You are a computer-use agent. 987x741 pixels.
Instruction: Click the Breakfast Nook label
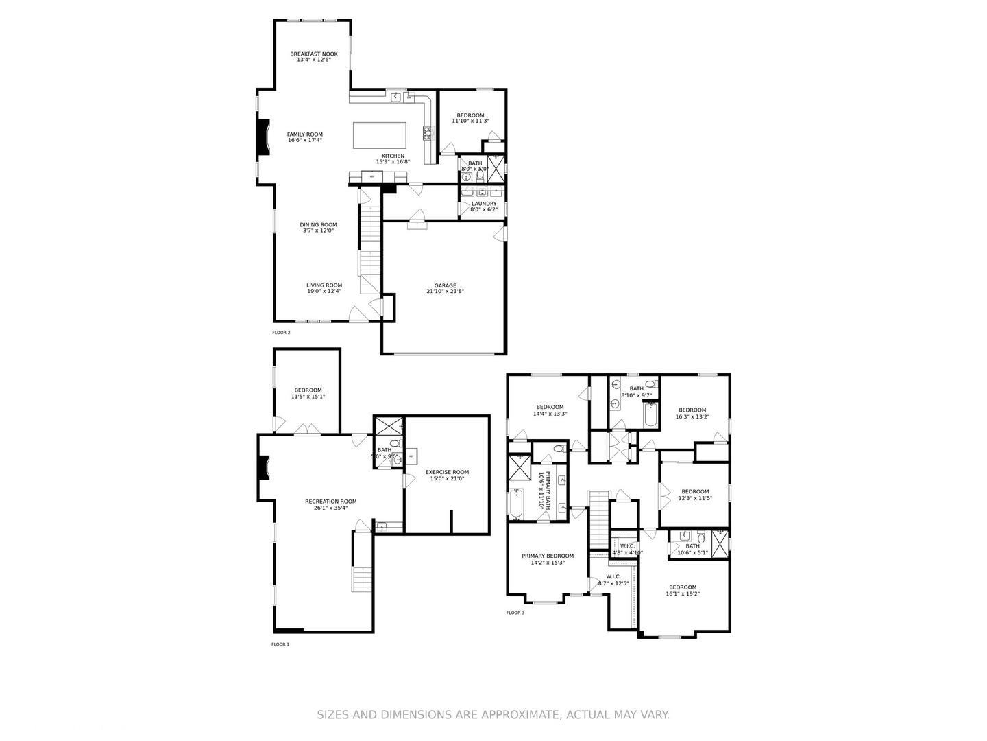point(313,54)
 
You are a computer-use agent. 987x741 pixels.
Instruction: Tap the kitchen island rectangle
point(379,135)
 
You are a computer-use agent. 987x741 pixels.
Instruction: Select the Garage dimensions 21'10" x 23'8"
point(445,292)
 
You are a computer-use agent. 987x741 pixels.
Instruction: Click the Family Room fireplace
point(262,139)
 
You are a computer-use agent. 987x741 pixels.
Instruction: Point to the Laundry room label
point(484,204)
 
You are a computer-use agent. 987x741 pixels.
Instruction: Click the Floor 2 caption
point(281,333)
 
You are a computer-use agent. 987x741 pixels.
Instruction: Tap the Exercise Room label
point(447,472)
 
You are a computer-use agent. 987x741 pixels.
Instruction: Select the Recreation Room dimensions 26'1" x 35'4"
point(330,508)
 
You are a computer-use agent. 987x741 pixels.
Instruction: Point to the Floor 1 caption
point(280,644)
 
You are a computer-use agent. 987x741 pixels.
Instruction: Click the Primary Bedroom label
point(548,556)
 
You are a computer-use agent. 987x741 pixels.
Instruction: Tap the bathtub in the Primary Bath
point(517,504)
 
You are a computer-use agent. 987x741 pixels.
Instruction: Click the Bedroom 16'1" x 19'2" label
point(683,587)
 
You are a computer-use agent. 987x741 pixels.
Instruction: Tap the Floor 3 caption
point(515,613)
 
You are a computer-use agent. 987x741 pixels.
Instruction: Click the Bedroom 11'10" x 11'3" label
point(470,115)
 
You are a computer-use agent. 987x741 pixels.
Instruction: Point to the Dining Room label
point(318,225)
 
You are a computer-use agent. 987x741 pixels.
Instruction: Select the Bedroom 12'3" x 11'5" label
point(695,492)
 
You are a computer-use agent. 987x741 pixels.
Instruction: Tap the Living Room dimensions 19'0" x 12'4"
point(324,292)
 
